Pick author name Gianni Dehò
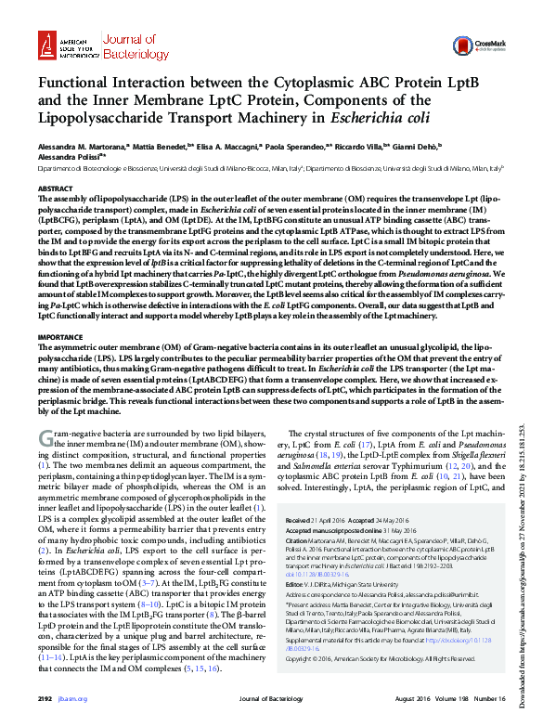(419, 145)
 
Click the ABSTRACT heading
(54, 188)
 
